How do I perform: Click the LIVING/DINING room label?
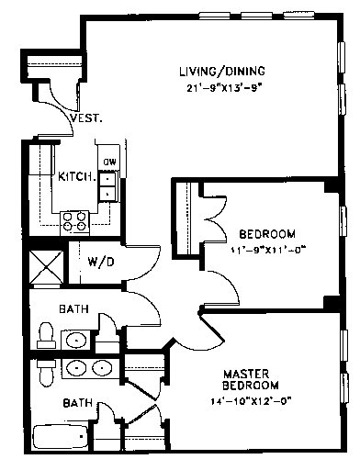click(x=222, y=71)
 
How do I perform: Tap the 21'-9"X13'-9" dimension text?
click(x=225, y=88)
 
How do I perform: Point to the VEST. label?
click(x=86, y=118)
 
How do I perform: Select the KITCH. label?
click(x=76, y=176)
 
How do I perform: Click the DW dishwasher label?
click(x=109, y=162)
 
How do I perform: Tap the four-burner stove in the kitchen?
click(x=74, y=221)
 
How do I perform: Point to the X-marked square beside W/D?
click(x=46, y=267)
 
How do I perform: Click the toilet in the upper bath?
click(x=47, y=335)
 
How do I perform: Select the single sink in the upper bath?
click(x=76, y=340)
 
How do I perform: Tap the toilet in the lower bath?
click(x=47, y=374)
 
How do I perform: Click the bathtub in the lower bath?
click(x=60, y=437)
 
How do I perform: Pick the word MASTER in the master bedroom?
click(x=246, y=374)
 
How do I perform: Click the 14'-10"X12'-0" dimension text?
click(x=251, y=401)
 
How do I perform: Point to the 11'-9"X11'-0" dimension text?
click(x=268, y=251)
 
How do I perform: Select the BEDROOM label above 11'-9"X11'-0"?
click(x=267, y=234)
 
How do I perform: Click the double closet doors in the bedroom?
click(x=214, y=219)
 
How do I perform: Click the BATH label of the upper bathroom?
click(x=73, y=309)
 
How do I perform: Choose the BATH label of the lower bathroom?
click(x=78, y=403)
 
